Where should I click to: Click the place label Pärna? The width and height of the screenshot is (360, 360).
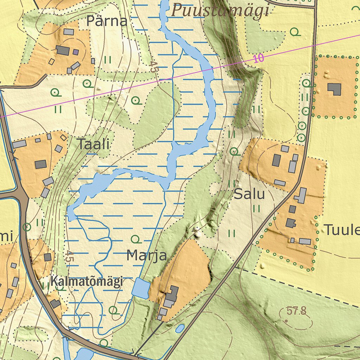coord(107,21)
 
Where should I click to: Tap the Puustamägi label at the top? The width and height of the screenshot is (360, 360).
coord(220,11)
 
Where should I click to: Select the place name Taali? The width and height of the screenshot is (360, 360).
coord(94,144)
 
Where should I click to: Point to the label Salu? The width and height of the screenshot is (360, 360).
coord(249,194)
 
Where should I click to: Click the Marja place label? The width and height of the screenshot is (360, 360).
coord(147,255)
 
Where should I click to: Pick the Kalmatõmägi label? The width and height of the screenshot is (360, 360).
coord(86,281)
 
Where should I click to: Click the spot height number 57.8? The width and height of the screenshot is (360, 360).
coord(296,311)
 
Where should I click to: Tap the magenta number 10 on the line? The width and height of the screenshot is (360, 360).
coord(258,58)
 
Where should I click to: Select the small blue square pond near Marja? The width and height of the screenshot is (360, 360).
coord(141,288)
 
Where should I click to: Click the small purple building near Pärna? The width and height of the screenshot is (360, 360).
coord(76,52)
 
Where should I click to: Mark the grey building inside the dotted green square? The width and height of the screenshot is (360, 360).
coord(335,89)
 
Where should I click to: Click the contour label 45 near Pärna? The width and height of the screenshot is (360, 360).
coord(153,67)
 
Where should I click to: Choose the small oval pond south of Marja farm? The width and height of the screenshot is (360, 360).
coord(180,328)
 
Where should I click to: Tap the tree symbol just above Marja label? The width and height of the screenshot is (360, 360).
coord(136,239)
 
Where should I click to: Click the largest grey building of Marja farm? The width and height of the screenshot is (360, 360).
coord(172,293)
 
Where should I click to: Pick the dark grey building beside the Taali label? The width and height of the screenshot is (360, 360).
coord(41,164)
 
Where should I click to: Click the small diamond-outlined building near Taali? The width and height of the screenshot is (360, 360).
coord(63,137)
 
